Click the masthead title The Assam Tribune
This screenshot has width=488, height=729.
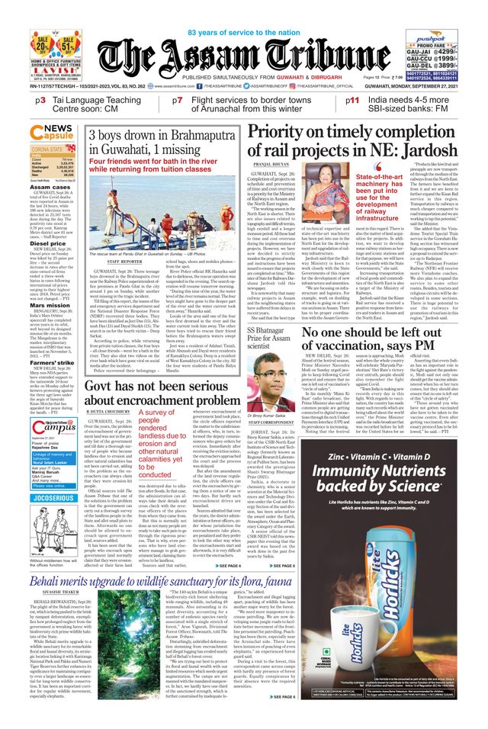click(x=244, y=55)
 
